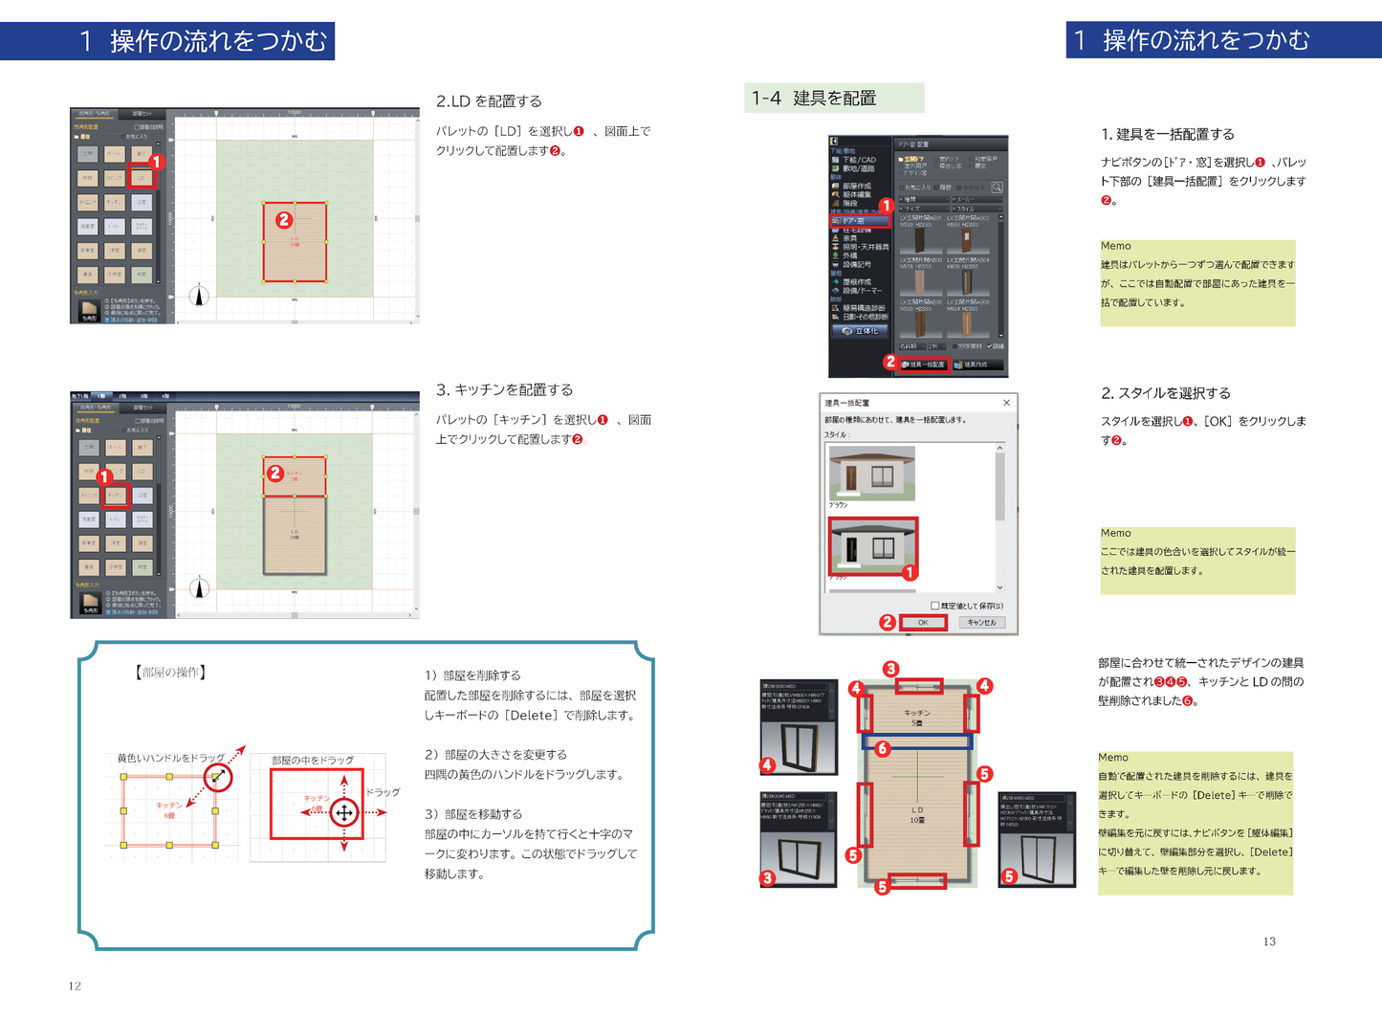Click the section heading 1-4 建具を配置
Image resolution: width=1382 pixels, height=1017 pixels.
[x=814, y=98]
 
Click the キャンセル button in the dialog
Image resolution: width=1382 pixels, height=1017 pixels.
[x=980, y=622]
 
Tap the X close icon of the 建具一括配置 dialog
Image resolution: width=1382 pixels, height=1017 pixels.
[x=1006, y=403]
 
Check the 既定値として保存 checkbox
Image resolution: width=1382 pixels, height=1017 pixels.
[x=935, y=606]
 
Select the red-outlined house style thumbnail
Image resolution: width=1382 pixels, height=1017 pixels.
[x=872, y=547]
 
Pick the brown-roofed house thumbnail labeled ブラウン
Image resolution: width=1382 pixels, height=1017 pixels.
[x=872, y=473]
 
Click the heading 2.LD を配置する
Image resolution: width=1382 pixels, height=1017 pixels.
[x=489, y=101]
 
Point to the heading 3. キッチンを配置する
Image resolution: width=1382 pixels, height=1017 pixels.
[x=504, y=389]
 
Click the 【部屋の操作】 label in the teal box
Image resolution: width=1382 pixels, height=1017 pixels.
[x=170, y=673]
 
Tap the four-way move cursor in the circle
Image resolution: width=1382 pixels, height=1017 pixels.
[x=344, y=813]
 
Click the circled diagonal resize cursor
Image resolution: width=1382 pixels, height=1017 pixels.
[x=218, y=777]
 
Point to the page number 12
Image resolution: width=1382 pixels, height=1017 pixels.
[x=75, y=985]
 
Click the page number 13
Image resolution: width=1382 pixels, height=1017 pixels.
[x=1269, y=941]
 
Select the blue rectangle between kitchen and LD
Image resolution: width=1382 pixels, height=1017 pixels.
[x=917, y=741]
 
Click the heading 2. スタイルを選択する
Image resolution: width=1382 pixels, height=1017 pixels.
[x=1166, y=393]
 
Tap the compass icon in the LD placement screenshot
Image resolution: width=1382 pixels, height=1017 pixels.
[x=199, y=296]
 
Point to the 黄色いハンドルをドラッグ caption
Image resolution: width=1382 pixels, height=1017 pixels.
[x=170, y=758]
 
